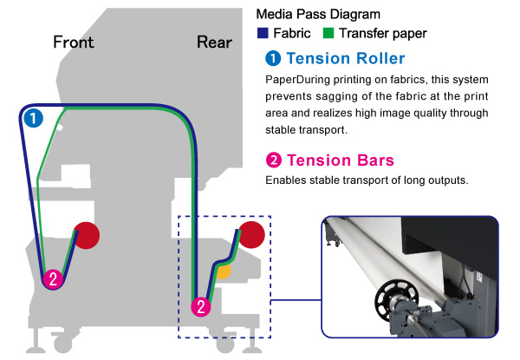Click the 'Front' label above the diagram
pyautogui.click(x=73, y=42)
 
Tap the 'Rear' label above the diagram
pyautogui.click(x=213, y=42)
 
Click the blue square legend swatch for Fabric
pyautogui.click(x=263, y=34)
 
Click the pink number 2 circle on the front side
pyautogui.click(x=54, y=278)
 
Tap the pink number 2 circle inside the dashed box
pyautogui.click(x=201, y=305)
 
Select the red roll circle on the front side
pyautogui.click(x=87, y=234)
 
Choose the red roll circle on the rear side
pyautogui.click(x=252, y=234)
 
